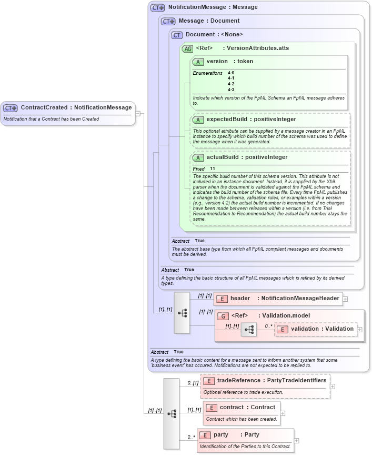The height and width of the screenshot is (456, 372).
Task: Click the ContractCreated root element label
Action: coord(76,107)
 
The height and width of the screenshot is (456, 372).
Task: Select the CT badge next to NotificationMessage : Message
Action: coord(157,8)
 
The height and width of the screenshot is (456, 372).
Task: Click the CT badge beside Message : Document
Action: coord(168,22)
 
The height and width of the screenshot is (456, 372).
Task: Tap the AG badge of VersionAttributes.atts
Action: coord(187,48)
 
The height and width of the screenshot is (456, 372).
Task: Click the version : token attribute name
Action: coord(229,62)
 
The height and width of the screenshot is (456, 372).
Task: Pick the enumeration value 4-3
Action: coord(231,89)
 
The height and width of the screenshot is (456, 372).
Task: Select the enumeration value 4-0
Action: coord(231,73)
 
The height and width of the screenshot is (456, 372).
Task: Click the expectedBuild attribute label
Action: coord(251,120)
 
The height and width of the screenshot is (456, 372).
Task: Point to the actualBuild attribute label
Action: coord(247,157)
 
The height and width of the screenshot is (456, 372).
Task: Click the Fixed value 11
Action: coord(213,168)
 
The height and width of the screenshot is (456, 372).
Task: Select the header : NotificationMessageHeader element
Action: coord(284,299)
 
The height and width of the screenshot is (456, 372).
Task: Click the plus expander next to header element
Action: coord(345,299)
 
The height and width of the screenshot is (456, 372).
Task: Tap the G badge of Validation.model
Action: coord(223,316)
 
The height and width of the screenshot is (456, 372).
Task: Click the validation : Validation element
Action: coord(321,329)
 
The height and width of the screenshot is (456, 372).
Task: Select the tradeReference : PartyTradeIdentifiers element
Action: coord(271,381)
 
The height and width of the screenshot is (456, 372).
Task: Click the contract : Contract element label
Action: coord(247,408)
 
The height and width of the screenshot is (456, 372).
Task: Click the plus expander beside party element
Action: coord(297,441)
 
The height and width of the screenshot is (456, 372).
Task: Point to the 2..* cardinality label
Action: coord(192,437)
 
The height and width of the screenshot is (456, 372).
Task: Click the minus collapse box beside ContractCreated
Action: coord(137,113)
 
